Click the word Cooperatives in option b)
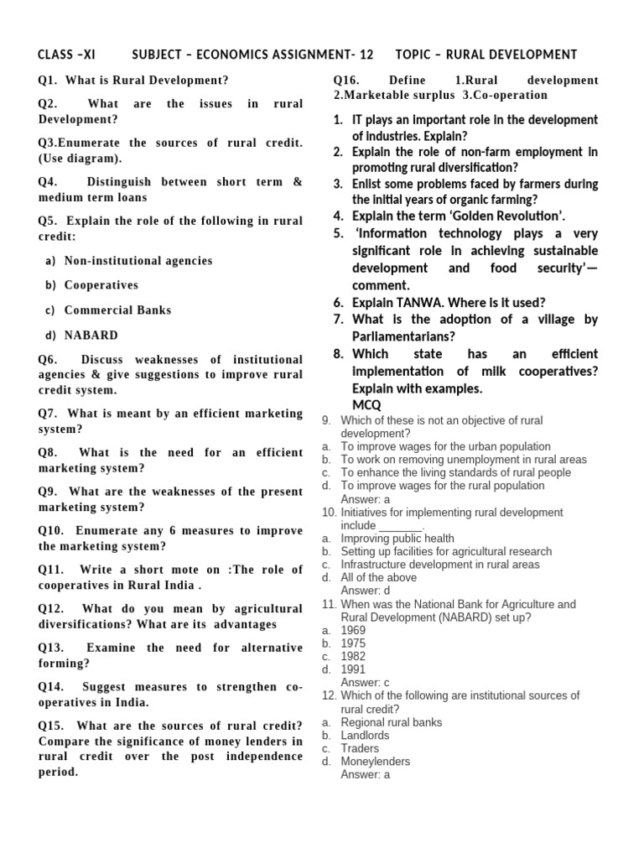point(101,285)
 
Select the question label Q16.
point(346,81)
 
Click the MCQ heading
point(366,405)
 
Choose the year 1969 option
point(353,631)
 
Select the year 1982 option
point(353,657)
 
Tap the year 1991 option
point(353,670)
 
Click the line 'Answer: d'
point(366,591)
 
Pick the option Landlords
point(365,736)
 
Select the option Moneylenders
point(376,762)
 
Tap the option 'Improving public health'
point(397,539)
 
